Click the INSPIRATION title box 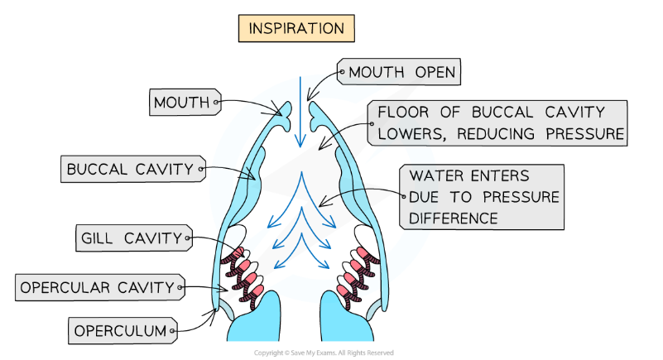295,28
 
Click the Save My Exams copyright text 324,353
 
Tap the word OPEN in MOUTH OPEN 434,73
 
